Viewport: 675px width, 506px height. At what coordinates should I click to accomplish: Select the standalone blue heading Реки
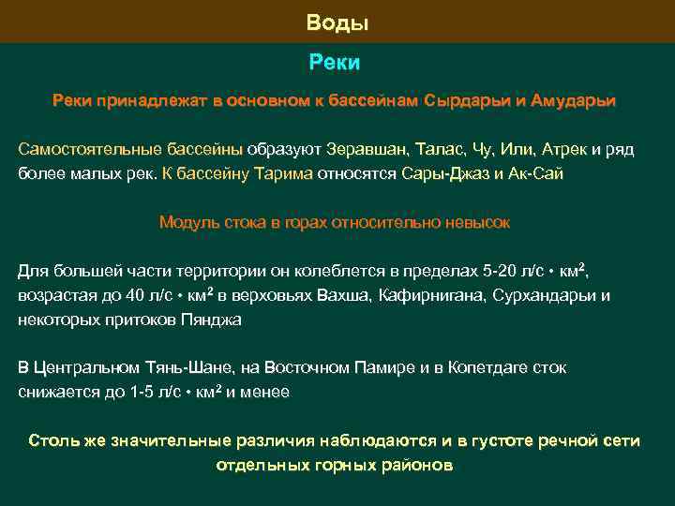point(335,63)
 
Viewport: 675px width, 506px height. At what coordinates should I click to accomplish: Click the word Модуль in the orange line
point(189,222)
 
